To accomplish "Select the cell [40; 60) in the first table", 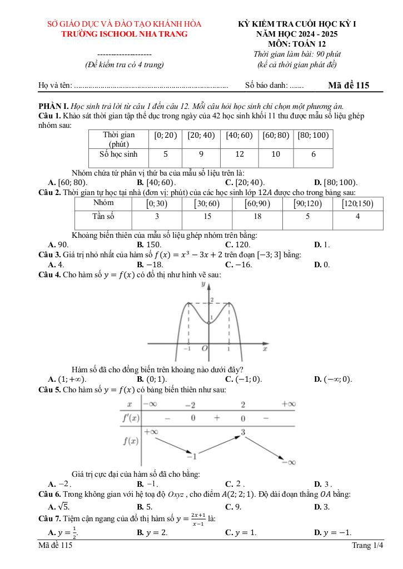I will [x=239, y=135].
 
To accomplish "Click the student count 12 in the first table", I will [x=239, y=154].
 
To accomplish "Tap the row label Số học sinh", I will [x=118, y=154].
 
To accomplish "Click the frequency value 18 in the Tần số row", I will [x=257, y=217].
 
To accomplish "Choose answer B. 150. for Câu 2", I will [x=150, y=244].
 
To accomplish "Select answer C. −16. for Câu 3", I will [x=238, y=264].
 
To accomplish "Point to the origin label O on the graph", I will [x=205, y=348].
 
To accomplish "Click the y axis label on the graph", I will [x=203, y=284].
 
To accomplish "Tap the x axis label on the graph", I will [x=265, y=348].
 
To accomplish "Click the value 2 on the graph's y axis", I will [x=212, y=300].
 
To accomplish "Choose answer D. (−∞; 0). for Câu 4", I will [x=333, y=379].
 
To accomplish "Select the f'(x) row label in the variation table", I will [x=131, y=418].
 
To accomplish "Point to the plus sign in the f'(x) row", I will [x=217, y=418].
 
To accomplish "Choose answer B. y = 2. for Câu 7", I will [x=152, y=532].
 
